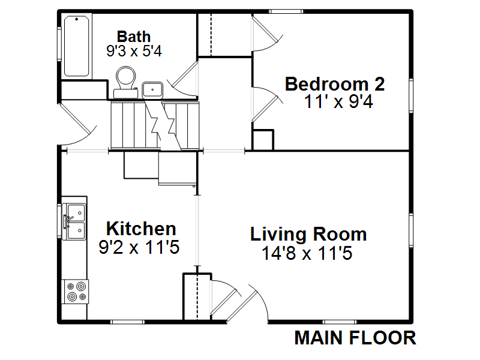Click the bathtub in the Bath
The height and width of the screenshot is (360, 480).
click(x=77, y=46)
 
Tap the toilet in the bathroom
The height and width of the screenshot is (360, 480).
click(x=126, y=82)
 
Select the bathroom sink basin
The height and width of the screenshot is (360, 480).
click(x=152, y=90)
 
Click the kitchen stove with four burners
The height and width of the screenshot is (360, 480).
click(x=76, y=292)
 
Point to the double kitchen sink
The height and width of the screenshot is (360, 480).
click(x=74, y=218)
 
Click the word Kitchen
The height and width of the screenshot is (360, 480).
click(x=141, y=229)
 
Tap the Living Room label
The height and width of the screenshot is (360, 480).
click(x=308, y=234)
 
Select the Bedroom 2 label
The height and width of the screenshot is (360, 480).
click(x=335, y=84)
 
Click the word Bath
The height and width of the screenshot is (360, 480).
click(x=134, y=37)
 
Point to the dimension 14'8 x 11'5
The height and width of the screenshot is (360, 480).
click(x=307, y=253)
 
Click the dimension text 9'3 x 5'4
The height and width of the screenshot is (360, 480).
click(x=134, y=51)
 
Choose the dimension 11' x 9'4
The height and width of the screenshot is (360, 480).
click(x=338, y=101)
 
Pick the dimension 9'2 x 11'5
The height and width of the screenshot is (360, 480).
click(x=139, y=247)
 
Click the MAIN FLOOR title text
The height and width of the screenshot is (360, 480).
click(x=355, y=338)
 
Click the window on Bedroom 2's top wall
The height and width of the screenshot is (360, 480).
click(x=286, y=11)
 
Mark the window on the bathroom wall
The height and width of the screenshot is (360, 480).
click(x=59, y=44)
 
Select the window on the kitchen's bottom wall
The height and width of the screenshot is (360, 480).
click(x=127, y=322)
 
